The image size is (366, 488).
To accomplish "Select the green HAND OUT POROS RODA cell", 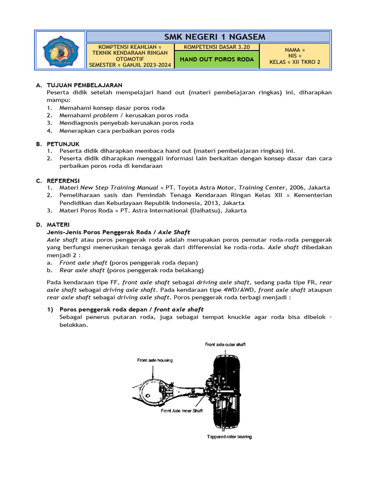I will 216,60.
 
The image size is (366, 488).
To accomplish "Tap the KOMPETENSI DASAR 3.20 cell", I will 216,47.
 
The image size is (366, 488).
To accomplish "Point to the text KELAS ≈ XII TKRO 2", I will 295,61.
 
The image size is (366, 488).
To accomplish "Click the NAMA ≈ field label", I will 295,49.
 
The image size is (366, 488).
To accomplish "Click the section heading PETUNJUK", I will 63,143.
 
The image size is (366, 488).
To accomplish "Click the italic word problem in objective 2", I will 105,115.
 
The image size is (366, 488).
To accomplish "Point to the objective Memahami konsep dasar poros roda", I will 112,108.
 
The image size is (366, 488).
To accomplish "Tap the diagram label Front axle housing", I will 154,360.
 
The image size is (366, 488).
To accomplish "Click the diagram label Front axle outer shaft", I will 225,344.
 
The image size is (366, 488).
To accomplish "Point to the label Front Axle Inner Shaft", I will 182,410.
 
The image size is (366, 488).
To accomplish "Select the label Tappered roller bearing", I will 229,437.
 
